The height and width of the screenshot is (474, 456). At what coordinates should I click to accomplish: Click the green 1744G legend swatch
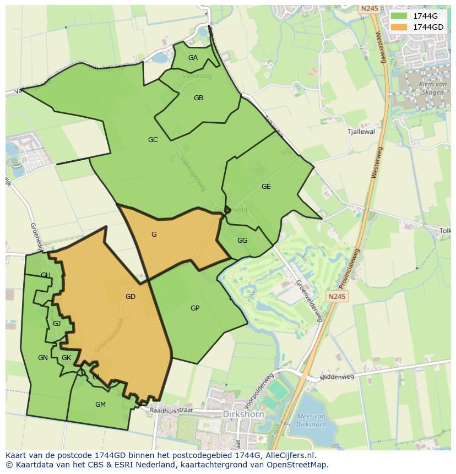(399, 16)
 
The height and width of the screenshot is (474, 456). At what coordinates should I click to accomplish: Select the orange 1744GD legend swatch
(399, 27)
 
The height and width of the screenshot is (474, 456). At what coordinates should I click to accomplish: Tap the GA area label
(193, 58)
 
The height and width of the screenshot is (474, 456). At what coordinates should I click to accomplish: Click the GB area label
(199, 98)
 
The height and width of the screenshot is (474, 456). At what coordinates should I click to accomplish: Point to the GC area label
(153, 140)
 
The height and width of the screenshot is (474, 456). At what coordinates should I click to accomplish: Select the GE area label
(266, 187)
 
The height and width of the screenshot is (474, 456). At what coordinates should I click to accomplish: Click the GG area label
(242, 241)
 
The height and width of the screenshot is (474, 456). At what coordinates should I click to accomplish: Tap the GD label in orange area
(131, 297)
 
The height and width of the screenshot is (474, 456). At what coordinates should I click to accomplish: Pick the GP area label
(195, 308)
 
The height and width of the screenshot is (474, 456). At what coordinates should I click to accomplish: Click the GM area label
(100, 405)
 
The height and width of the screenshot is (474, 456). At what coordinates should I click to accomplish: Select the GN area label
(43, 358)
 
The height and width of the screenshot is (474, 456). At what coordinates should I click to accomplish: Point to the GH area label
(46, 275)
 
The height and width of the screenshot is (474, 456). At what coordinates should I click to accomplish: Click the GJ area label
(57, 324)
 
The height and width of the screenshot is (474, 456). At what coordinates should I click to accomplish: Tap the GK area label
(67, 358)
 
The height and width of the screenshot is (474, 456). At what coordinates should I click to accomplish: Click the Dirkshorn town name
(243, 414)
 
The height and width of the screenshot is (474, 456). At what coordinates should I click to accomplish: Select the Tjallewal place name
(361, 132)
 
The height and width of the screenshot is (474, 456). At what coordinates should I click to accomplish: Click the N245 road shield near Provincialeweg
(337, 297)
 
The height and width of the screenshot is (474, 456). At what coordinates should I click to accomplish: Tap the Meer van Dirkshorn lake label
(312, 420)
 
